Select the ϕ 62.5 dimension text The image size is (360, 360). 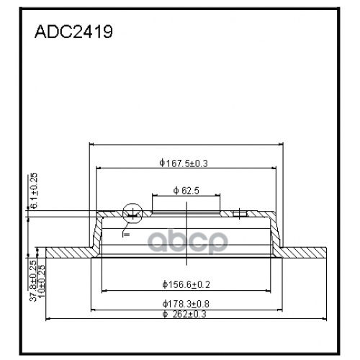(x=186, y=191)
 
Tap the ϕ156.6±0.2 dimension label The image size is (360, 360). (x=185, y=284)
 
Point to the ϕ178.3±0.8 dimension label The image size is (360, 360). (x=186, y=304)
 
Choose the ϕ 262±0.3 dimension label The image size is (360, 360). (x=186, y=313)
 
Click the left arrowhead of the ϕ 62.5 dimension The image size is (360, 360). (x=153, y=197)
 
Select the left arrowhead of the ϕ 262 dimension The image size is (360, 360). (x=48, y=318)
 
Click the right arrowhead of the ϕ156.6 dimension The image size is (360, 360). (x=269, y=290)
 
